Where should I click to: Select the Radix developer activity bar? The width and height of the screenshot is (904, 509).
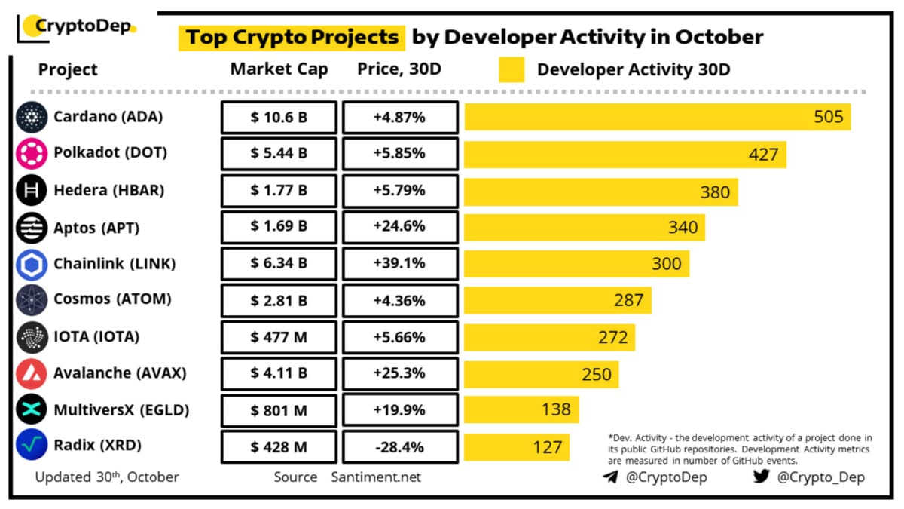pos(516,447)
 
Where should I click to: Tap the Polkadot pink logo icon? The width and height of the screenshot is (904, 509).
pos(31,153)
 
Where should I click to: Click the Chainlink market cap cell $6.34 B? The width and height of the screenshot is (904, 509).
pos(279,264)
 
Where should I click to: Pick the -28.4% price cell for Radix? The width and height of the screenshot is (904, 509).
pos(399,447)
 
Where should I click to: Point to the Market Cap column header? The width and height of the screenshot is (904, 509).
pos(279,69)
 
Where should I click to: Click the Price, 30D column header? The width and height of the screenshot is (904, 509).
pos(399,69)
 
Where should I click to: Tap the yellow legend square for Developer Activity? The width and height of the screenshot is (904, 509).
pos(512,70)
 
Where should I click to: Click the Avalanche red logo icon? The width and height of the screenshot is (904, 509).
pos(31,373)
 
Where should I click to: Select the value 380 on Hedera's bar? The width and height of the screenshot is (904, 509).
pos(715,192)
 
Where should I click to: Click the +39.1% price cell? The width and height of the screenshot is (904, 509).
pos(399,264)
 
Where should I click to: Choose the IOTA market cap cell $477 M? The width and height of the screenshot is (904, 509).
pos(279,337)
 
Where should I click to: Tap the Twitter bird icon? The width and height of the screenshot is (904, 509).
pos(760,477)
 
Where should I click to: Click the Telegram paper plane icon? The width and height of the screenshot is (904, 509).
pos(611,477)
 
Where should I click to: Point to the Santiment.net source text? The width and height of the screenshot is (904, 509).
pos(376,477)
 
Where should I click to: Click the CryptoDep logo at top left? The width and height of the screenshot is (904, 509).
pos(75,27)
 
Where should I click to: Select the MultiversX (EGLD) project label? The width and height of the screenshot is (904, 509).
pos(121,410)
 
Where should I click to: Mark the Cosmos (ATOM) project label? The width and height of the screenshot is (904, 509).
pos(112,299)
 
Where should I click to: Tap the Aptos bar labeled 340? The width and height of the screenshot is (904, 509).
pos(584,227)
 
